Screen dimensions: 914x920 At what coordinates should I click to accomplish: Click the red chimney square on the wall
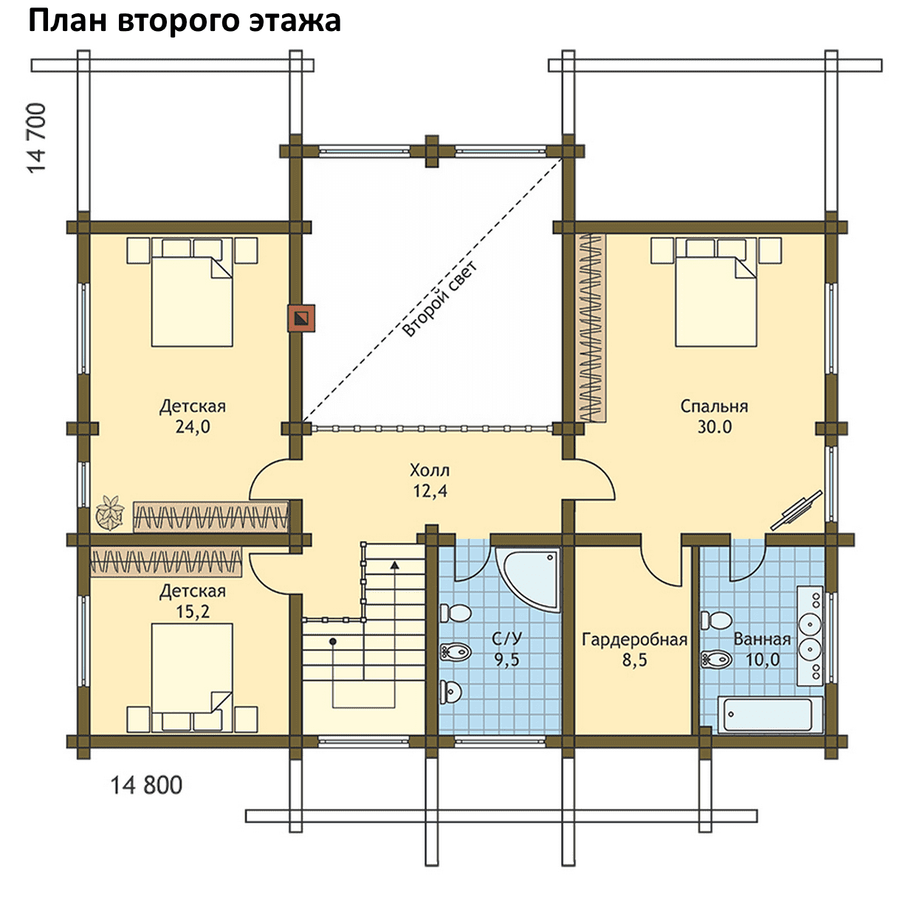pyautogui.click(x=300, y=318)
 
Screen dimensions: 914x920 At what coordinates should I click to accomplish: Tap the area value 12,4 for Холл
pyautogui.click(x=430, y=491)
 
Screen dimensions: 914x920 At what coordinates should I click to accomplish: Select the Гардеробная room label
pyautogui.click(x=634, y=639)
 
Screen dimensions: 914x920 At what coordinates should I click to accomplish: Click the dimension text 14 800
pyautogui.click(x=146, y=786)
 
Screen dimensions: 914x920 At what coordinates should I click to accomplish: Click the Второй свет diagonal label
pyautogui.click(x=439, y=299)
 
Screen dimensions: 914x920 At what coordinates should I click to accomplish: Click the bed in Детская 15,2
pyautogui.click(x=192, y=678)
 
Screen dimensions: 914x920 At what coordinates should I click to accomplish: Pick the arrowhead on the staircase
pyautogui.click(x=394, y=566)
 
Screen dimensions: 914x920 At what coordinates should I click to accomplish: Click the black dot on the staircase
pyautogui.click(x=333, y=641)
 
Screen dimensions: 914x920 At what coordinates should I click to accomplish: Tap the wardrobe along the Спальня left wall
pyautogui.click(x=591, y=328)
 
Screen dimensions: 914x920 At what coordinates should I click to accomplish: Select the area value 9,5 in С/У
pyautogui.click(x=506, y=660)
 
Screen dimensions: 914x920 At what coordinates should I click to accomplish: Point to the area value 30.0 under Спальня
pyautogui.click(x=715, y=427)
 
